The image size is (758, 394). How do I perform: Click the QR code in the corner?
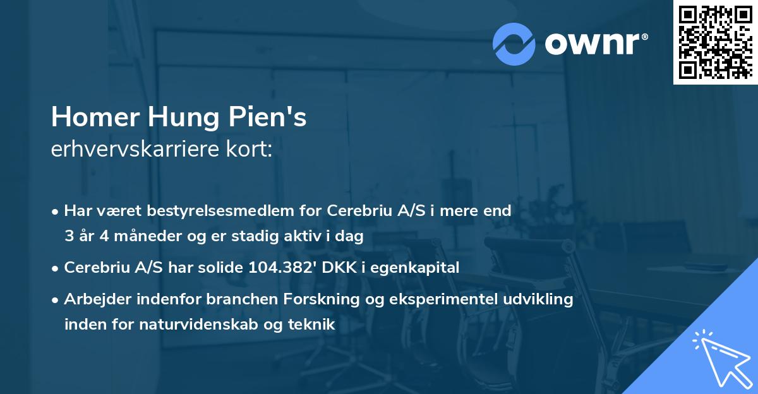click(x=716, y=42)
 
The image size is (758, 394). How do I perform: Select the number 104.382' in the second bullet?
click(x=283, y=268)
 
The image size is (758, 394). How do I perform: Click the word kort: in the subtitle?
click(x=251, y=150)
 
